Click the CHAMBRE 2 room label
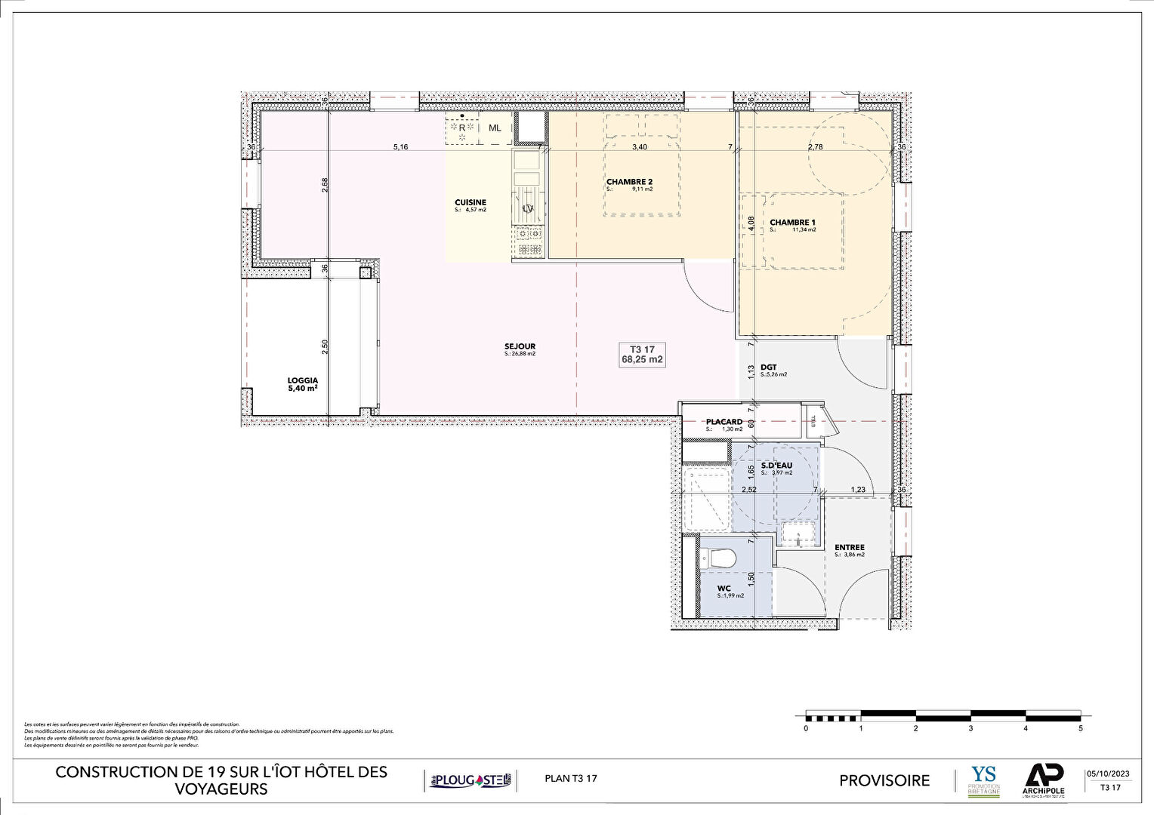click(629, 182)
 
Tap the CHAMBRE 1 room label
click(792, 223)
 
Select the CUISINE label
click(470, 203)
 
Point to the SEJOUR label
click(520, 347)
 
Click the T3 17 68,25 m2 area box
click(642, 355)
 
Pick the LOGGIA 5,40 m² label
click(302, 385)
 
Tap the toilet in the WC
click(717, 559)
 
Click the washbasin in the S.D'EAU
click(799, 535)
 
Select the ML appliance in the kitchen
click(495, 128)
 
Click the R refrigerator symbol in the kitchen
click(461, 128)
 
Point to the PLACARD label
click(724, 423)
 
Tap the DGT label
click(769, 368)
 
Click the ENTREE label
click(850, 548)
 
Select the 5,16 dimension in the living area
click(400, 147)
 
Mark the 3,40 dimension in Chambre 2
click(639, 147)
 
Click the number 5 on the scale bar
click(1081, 729)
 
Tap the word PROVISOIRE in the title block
click(884, 780)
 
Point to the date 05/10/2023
click(1108, 773)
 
